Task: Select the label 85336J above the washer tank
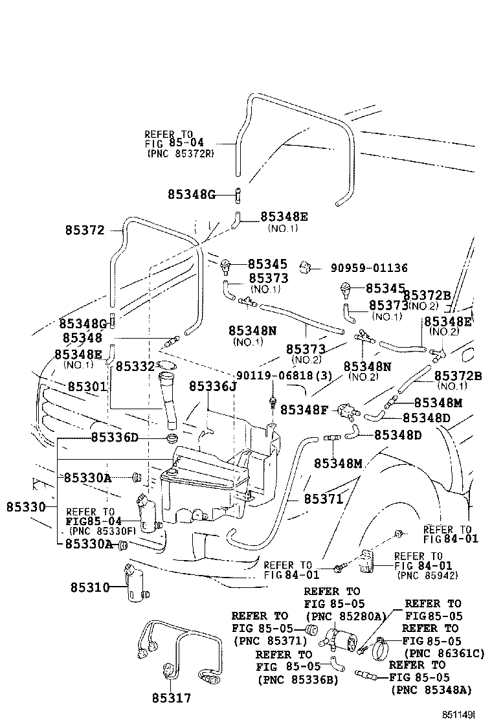pos(213,386)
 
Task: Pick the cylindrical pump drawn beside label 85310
pos(135,583)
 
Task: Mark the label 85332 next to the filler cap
pos(135,367)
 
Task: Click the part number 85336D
pos(115,438)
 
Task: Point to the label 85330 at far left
pos(27,506)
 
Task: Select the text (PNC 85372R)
pos(181,154)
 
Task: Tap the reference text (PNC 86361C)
pos(443,653)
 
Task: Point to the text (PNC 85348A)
pos(431,690)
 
